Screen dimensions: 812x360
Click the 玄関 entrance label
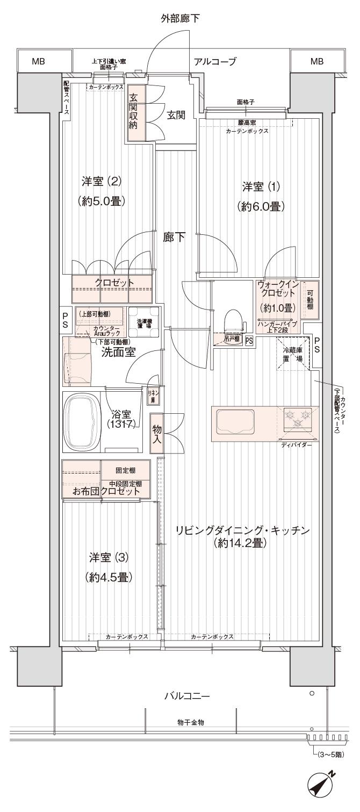click(176, 116)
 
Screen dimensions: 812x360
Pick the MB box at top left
click(38, 62)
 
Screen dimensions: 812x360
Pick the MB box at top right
click(317, 62)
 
